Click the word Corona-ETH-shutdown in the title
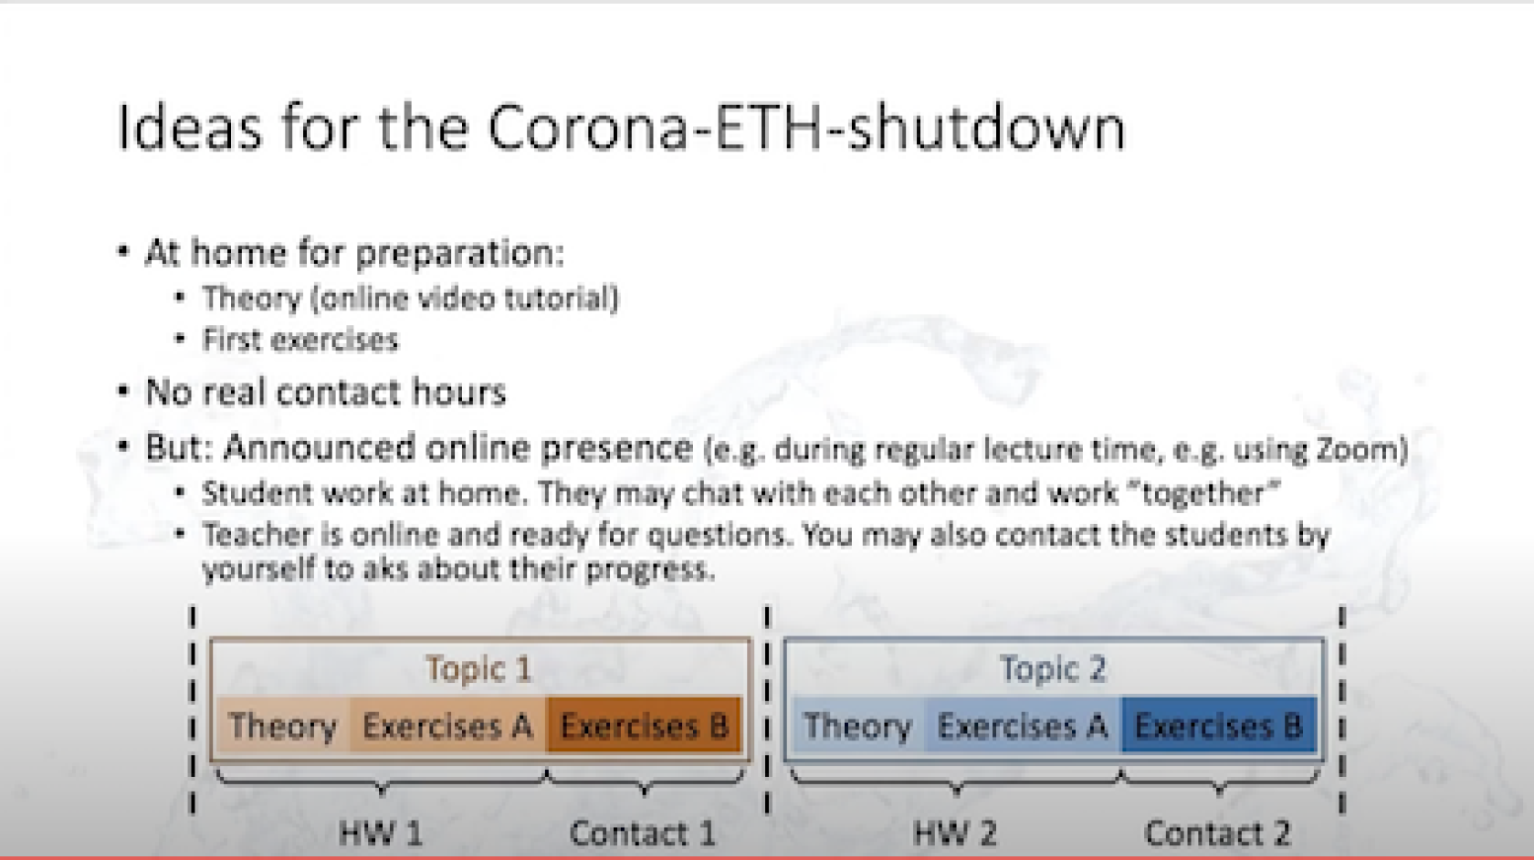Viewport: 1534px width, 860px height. [807, 128]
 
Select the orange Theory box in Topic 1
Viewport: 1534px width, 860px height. [283, 725]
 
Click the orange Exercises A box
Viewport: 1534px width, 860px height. [447, 725]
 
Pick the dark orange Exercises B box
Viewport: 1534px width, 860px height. [644, 725]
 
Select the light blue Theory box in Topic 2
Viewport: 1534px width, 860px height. [858, 725]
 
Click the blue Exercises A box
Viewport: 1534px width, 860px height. [1023, 725]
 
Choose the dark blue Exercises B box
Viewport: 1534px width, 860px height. [1219, 725]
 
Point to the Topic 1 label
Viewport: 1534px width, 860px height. [478, 668]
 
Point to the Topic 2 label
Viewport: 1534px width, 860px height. [1054, 668]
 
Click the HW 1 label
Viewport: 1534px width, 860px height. [381, 834]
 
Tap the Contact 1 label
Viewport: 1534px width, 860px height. [643, 834]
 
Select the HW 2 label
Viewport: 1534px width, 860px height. [955, 834]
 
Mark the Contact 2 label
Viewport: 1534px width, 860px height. [1218, 834]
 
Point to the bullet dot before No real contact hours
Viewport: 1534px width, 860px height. [123, 391]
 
